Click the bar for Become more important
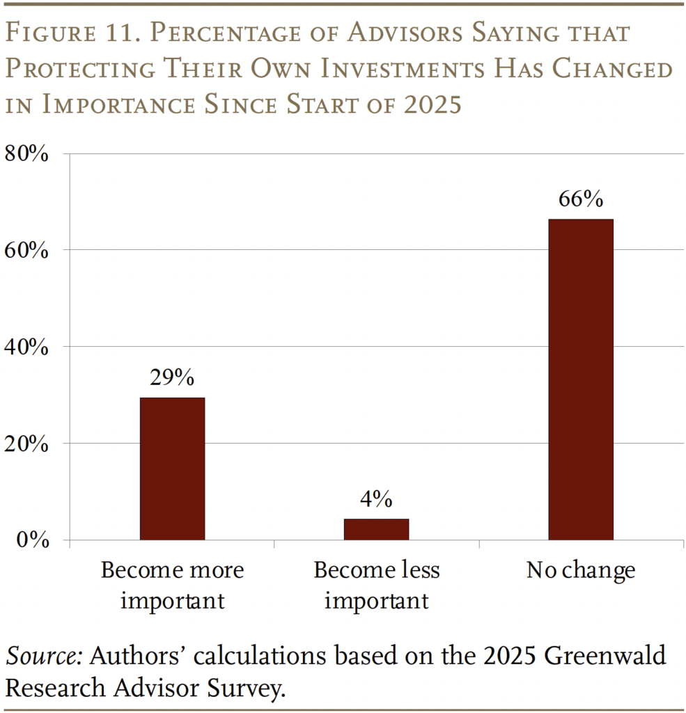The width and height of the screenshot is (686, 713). pyautogui.click(x=172, y=468)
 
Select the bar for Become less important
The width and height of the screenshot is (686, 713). pyautogui.click(x=376, y=529)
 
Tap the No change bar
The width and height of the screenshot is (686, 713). pyautogui.click(x=580, y=379)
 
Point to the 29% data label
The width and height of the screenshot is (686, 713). pyautogui.click(x=172, y=378)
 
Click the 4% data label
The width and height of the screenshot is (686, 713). pyautogui.click(x=376, y=499)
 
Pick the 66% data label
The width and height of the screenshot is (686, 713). pyautogui.click(x=580, y=199)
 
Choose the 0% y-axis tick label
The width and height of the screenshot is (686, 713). pyautogui.click(x=32, y=540)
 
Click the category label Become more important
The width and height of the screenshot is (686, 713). pyautogui.click(x=172, y=585)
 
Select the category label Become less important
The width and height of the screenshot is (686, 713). pyautogui.click(x=376, y=585)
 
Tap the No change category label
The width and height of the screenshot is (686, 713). pyautogui.click(x=580, y=571)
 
